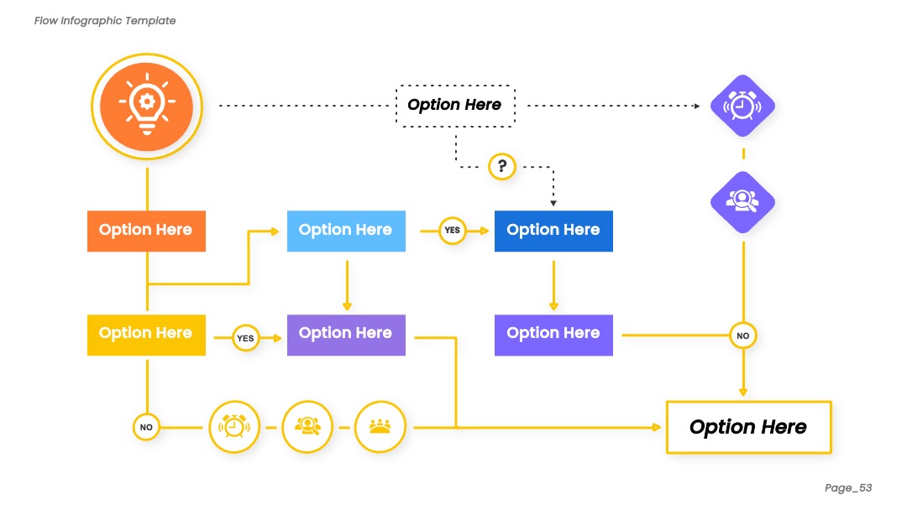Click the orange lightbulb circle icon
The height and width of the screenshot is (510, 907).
[147, 107]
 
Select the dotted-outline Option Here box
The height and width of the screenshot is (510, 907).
[455, 106]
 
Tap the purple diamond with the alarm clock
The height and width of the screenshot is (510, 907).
[742, 106]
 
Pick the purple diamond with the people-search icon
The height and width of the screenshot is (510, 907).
[742, 202]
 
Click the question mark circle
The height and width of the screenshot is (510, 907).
[502, 166]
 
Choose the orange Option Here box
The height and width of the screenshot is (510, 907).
[146, 231]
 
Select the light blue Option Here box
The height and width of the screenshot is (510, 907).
[346, 231]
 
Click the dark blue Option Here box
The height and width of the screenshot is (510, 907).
[553, 231]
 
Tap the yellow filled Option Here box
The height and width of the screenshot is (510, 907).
[146, 335]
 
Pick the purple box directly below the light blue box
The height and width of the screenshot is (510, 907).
[346, 335]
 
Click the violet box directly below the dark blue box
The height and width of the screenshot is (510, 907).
[553, 335]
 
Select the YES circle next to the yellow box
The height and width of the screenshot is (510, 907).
[245, 338]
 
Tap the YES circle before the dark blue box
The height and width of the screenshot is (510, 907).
[453, 231]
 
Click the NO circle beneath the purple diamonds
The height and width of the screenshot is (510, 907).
[743, 336]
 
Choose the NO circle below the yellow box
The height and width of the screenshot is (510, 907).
[146, 428]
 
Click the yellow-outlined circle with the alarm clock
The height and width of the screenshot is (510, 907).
[234, 427]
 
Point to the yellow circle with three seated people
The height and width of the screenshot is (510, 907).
[380, 427]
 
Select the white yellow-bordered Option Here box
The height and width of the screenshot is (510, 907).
[749, 428]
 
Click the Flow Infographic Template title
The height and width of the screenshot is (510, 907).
[105, 21]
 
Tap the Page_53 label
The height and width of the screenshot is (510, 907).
[848, 488]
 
